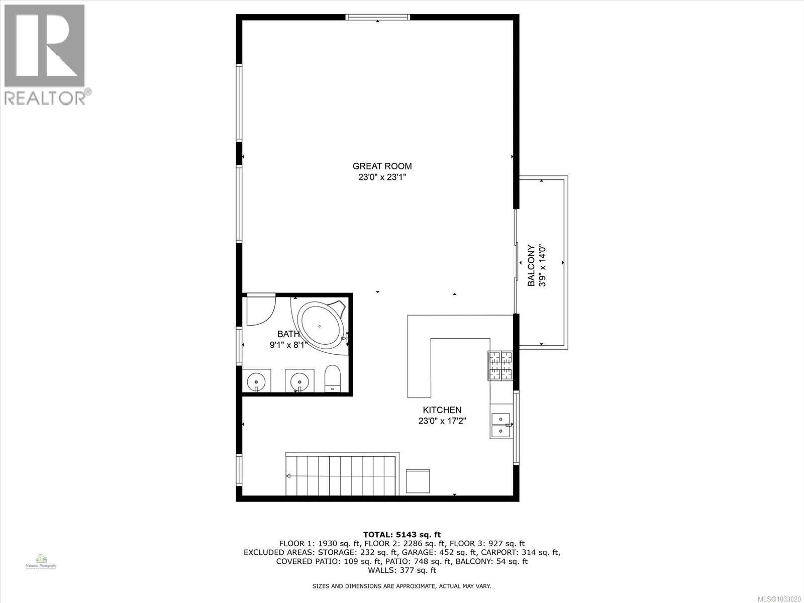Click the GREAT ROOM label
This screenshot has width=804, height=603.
tap(382, 166)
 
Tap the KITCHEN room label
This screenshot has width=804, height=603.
tap(442, 410)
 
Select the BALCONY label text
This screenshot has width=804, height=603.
tap(531, 265)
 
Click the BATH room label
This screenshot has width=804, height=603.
tap(288, 334)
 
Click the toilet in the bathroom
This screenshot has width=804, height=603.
tap(332, 378)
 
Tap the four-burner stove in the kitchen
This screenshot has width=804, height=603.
tap(500, 365)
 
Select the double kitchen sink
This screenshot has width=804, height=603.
tap(501, 425)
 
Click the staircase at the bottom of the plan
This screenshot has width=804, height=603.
tap(342, 474)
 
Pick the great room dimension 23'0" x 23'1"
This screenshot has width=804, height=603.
tap(382, 177)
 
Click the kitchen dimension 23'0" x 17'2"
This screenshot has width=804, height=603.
tap(442, 421)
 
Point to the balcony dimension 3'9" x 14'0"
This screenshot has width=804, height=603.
tap(542, 265)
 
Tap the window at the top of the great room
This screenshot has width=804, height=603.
tap(378, 17)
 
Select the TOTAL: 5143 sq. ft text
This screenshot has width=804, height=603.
tap(402, 535)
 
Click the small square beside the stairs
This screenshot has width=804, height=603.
tap(418, 481)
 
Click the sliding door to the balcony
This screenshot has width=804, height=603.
tap(516, 261)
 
